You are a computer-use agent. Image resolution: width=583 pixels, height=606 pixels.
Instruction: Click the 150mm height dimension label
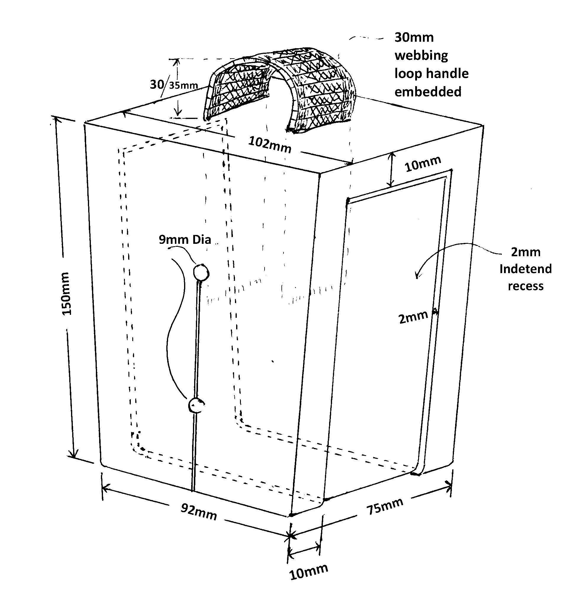[x=67, y=294]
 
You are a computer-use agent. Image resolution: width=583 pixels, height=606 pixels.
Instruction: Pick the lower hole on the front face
[x=196, y=405]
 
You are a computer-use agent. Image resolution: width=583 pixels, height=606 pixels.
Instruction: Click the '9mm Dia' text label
[x=185, y=240]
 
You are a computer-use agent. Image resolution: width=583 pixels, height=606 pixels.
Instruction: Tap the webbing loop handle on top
[x=280, y=90]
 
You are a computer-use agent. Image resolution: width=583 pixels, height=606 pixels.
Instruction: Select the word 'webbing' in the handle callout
[x=421, y=56]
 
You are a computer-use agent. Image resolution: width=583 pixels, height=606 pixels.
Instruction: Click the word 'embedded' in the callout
[x=428, y=92]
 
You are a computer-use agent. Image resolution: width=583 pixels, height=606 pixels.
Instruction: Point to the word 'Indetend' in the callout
[x=526, y=269]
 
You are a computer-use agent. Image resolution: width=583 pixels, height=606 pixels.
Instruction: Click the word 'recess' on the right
[x=526, y=286]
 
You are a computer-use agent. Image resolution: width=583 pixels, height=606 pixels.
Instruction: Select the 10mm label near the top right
[x=423, y=164]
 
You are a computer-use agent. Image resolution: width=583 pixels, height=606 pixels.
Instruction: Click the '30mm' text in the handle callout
[x=414, y=38]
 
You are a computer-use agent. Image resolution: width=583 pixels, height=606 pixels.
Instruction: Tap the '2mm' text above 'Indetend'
[x=526, y=252]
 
